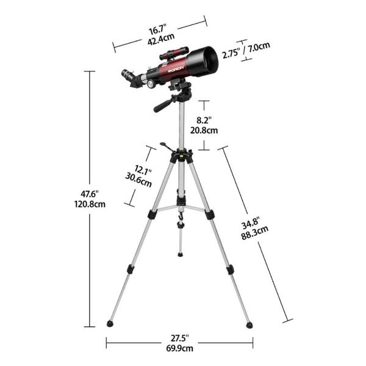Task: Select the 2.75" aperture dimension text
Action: pyautogui.click(x=230, y=54)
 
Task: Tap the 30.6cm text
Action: pyautogui.click(x=138, y=179)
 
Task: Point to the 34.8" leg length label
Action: pyautogui.click(x=251, y=224)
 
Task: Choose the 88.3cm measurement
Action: pyautogui.click(x=251, y=235)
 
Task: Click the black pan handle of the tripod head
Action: pyautogui.click(x=164, y=106)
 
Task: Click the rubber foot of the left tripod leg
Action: pyautogui.click(x=110, y=324)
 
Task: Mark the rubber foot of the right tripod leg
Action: pyautogui.click(x=249, y=325)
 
